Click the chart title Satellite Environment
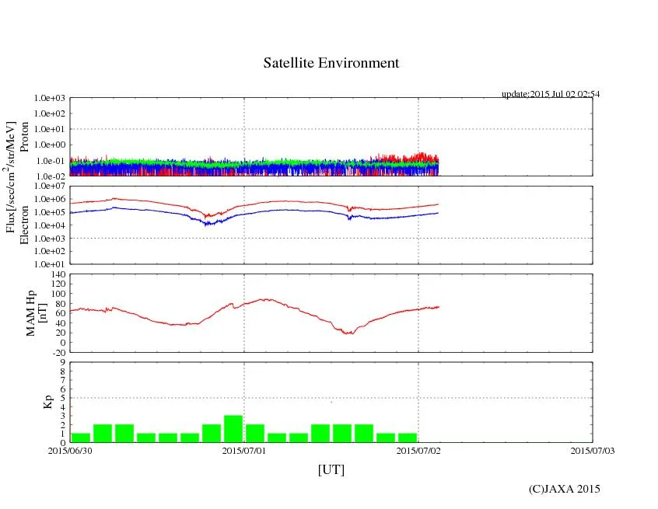[x=331, y=63]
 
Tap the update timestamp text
[x=550, y=94]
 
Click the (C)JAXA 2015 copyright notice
[x=564, y=489]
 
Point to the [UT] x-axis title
[x=331, y=469]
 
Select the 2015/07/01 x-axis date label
[x=244, y=450]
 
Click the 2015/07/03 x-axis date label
[x=592, y=450]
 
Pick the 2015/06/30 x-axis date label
[x=70, y=450]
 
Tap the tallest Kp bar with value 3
[x=233, y=429]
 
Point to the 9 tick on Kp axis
[x=62, y=362]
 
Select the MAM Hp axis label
[x=37, y=312]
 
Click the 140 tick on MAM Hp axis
[x=56, y=275]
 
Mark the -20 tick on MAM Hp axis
[x=56, y=352]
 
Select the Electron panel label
[x=24, y=225]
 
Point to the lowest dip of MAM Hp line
[x=349, y=333]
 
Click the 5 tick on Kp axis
[x=62, y=398]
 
